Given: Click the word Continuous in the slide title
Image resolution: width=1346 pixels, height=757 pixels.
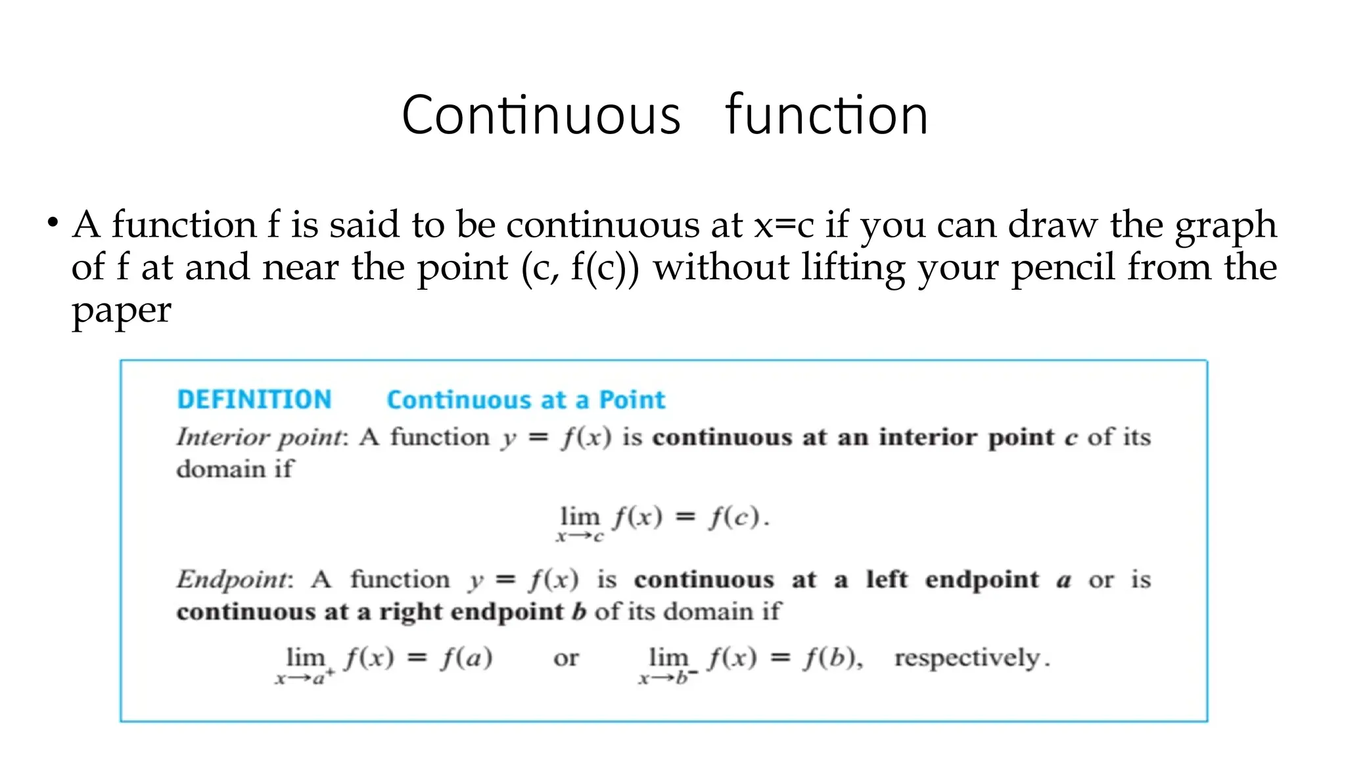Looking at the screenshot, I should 541,116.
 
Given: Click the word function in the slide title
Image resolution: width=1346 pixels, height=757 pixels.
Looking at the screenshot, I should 826,116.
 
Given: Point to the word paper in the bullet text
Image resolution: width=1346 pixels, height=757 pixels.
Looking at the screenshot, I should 121,311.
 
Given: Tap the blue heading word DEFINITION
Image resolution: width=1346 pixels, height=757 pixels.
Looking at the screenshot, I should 254,400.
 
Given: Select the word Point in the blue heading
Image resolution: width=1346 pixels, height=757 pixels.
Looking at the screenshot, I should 632,400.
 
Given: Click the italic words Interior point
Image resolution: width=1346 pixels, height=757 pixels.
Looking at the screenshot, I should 260,438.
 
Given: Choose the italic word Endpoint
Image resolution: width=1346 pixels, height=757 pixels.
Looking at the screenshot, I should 233,580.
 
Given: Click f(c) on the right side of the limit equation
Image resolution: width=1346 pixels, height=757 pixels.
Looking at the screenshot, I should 735,517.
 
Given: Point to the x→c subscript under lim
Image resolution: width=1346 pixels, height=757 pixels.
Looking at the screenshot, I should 580,537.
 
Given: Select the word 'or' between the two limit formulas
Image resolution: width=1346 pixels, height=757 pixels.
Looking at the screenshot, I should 566,658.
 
